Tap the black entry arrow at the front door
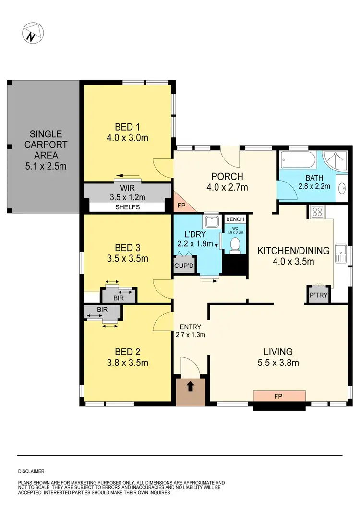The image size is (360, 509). tap(191, 386)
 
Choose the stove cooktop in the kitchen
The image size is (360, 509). tap(318, 211)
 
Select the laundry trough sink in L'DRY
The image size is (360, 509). tap(211, 222)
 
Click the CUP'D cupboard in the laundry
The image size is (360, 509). tap(184, 265)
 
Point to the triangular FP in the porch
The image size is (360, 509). tap(182, 204)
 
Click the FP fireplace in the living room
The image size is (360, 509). tap(279, 397)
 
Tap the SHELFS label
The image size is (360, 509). tap(127, 207)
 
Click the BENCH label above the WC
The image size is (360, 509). tap(235, 219)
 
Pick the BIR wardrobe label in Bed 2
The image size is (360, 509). tap(102, 310)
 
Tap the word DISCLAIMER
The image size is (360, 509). tap(31, 472)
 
